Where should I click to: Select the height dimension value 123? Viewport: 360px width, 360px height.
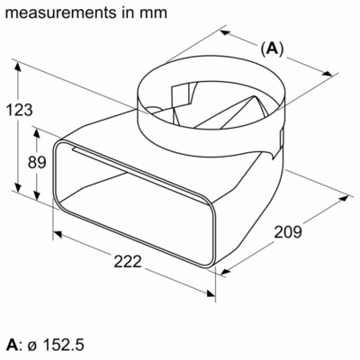tap(19, 110)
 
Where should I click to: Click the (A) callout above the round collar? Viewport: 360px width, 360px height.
tap(271, 49)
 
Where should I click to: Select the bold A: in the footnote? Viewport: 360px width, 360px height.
tap(13, 345)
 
